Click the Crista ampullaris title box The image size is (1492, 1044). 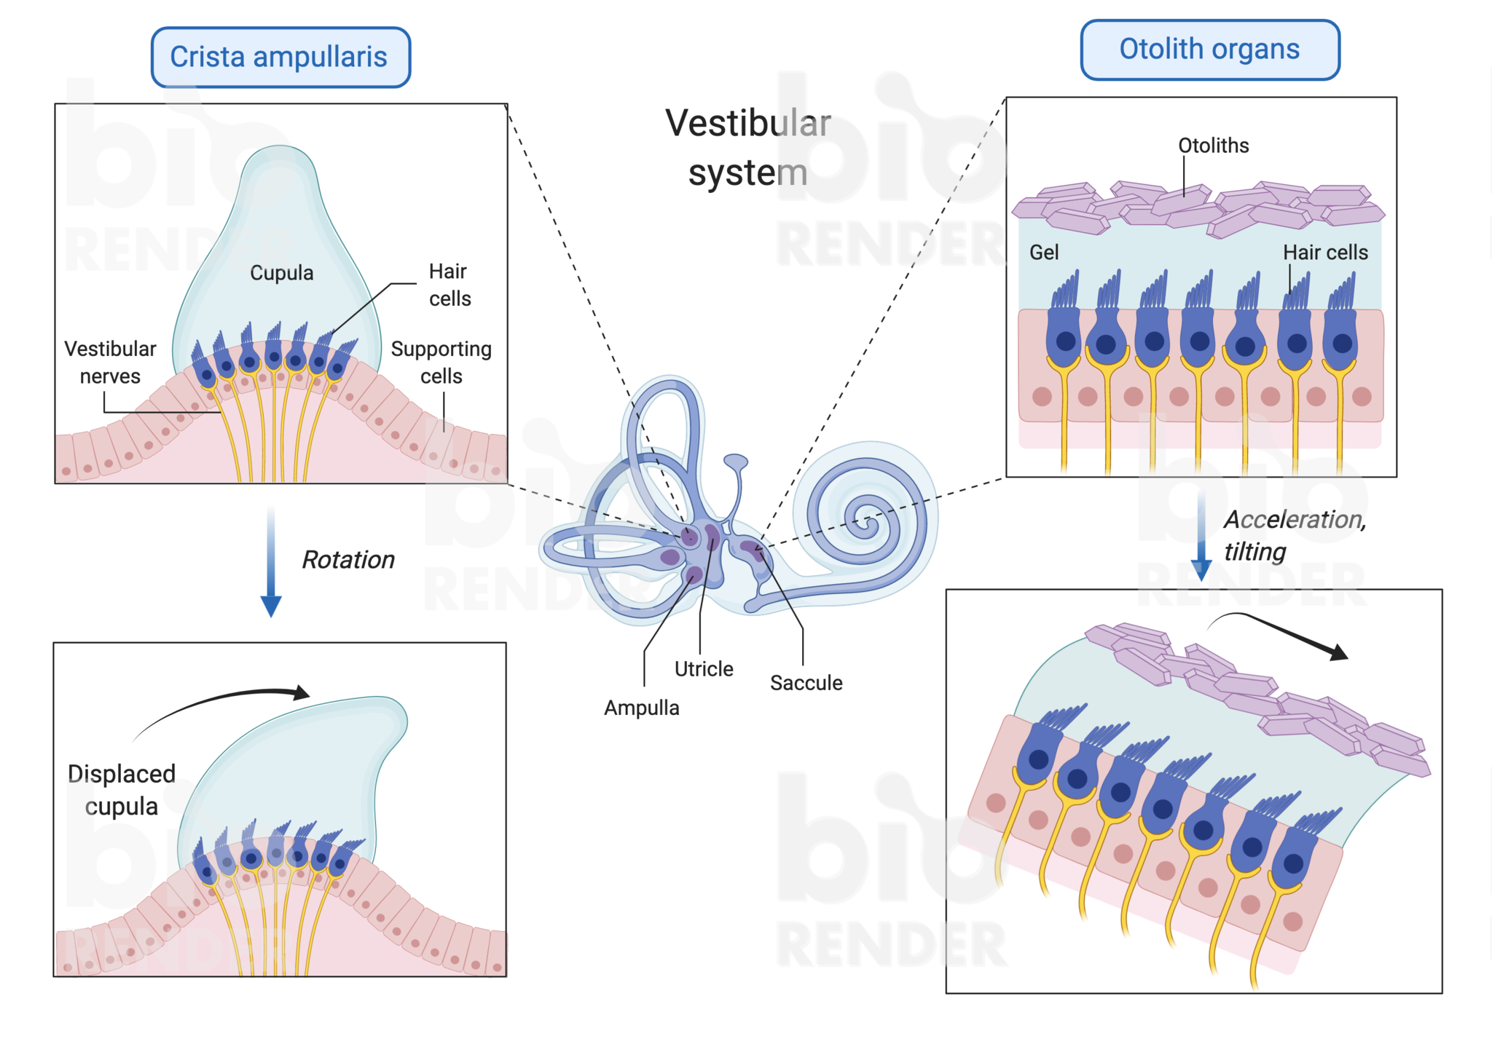(x=280, y=58)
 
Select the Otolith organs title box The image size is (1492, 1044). (x=1210, y=50)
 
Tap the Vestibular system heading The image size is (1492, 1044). (x=748, y=148)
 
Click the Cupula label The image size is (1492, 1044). (x=282, y=273)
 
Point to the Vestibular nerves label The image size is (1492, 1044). (x=110, y=363)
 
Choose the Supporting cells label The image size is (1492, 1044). (x=441, y=363)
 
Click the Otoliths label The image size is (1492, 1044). (x=1214, y=146)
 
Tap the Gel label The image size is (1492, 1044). (x=1044, y=253)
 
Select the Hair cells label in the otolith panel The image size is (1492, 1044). (x=1325, y=253)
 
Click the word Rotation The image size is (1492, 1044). (x=348, y=560)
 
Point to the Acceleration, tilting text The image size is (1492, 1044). (x=1295, y=535)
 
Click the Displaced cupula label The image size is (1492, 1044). (x=122, y=790)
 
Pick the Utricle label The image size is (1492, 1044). (x=704, y=669)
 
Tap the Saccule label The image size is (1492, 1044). (x=806, y=683)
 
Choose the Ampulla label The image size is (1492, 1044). (x=642, y=708)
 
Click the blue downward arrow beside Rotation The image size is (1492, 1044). (x=271, y=562)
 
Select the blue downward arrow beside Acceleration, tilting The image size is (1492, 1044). (x=1201, y=537)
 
